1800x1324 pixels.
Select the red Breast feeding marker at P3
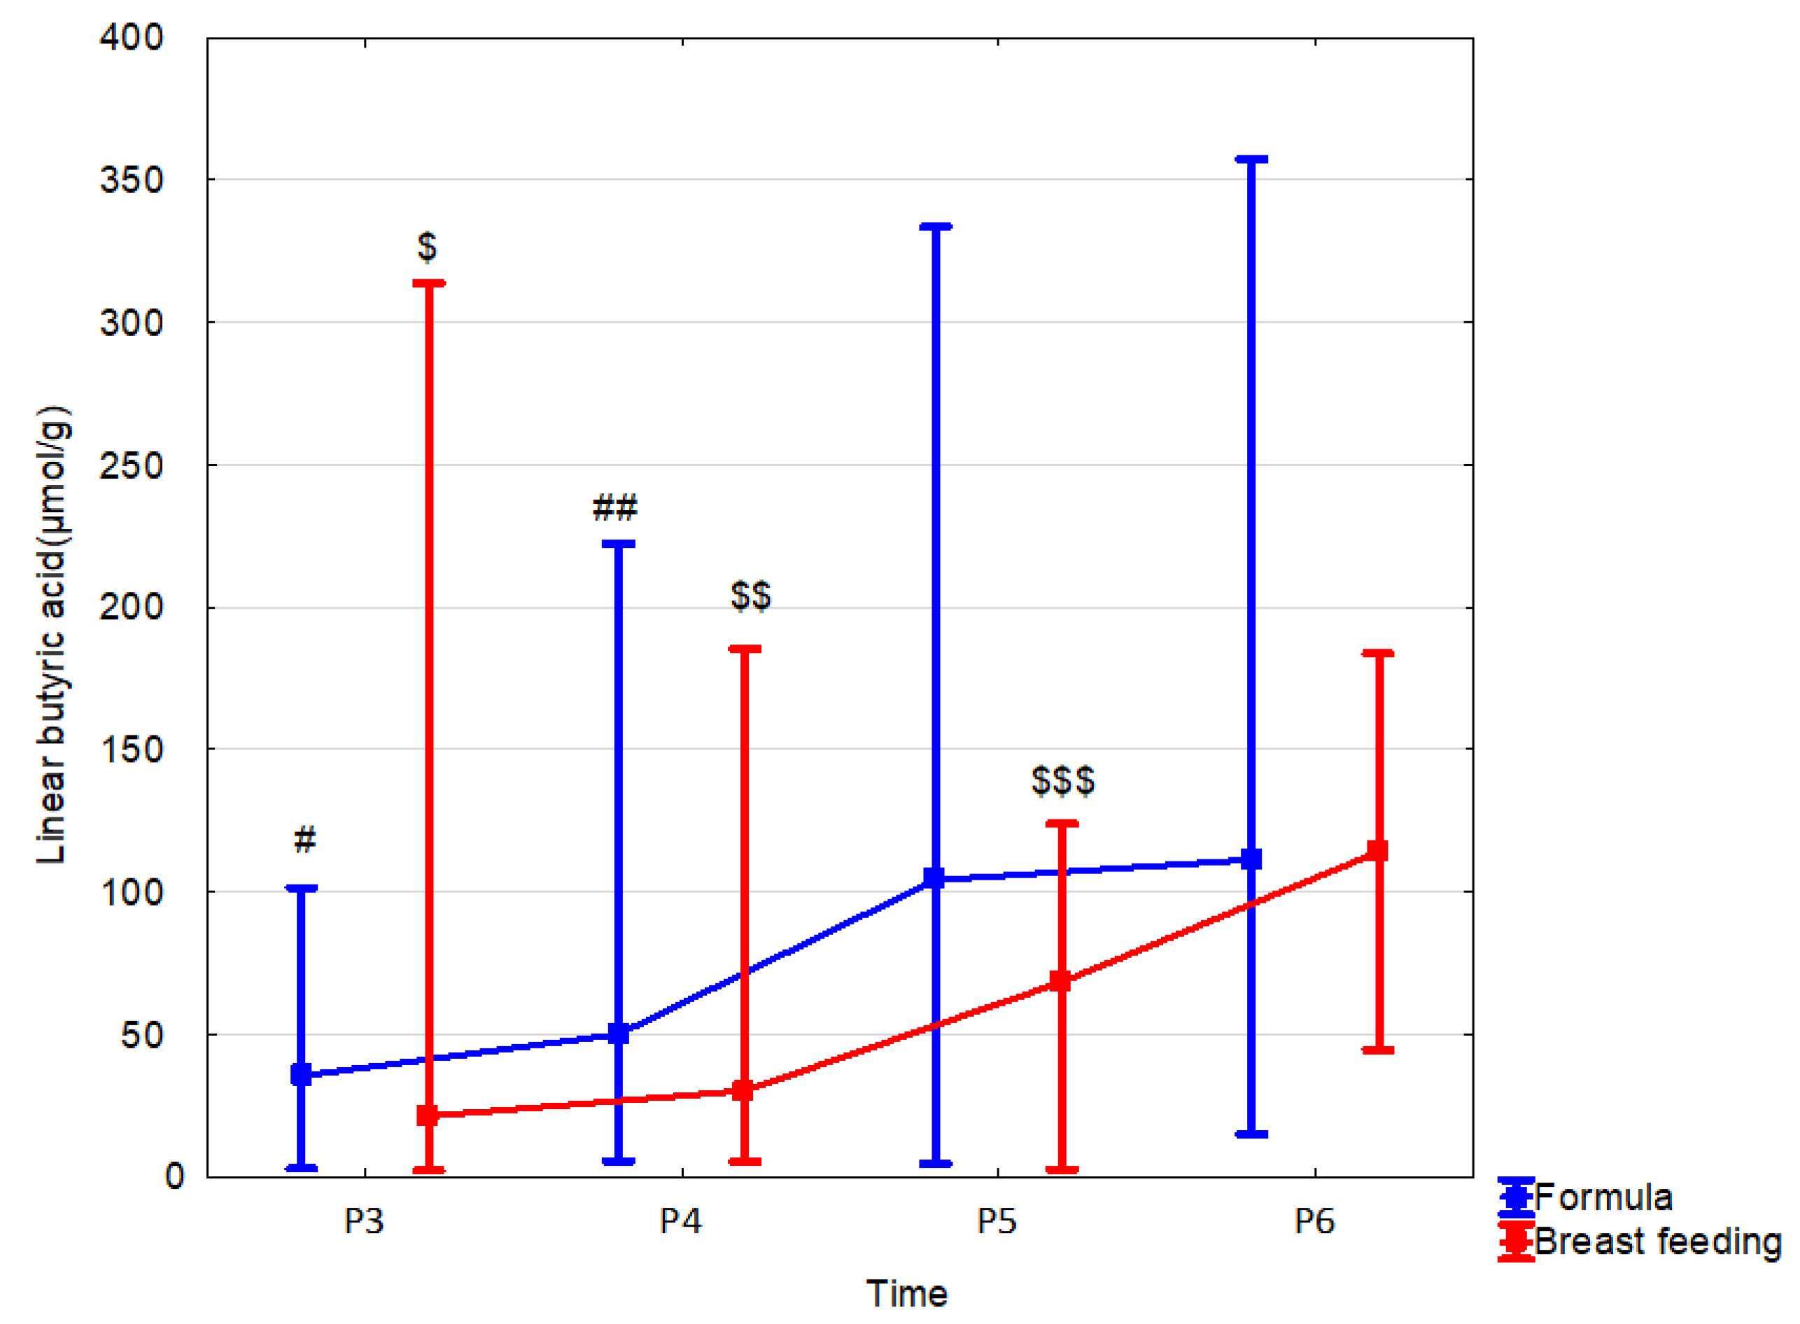(428, 1115)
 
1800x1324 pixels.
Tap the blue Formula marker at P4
(618, 1034)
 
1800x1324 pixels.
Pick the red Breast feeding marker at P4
(743, 1090)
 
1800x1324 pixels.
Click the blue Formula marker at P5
(934, 878)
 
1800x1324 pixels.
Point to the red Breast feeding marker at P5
(1060, 981)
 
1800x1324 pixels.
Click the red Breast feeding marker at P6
(1377, 850)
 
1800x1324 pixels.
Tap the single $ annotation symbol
(427, 247)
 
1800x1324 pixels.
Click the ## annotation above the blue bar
(614, 507)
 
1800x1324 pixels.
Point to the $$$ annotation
(1062, 781)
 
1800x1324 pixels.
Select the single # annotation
(304, 840)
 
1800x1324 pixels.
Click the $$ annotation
(751, 596)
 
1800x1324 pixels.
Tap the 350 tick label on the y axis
(132, 181)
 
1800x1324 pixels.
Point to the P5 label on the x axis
(997, 1221)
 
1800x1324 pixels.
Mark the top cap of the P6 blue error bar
(1251, 160)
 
